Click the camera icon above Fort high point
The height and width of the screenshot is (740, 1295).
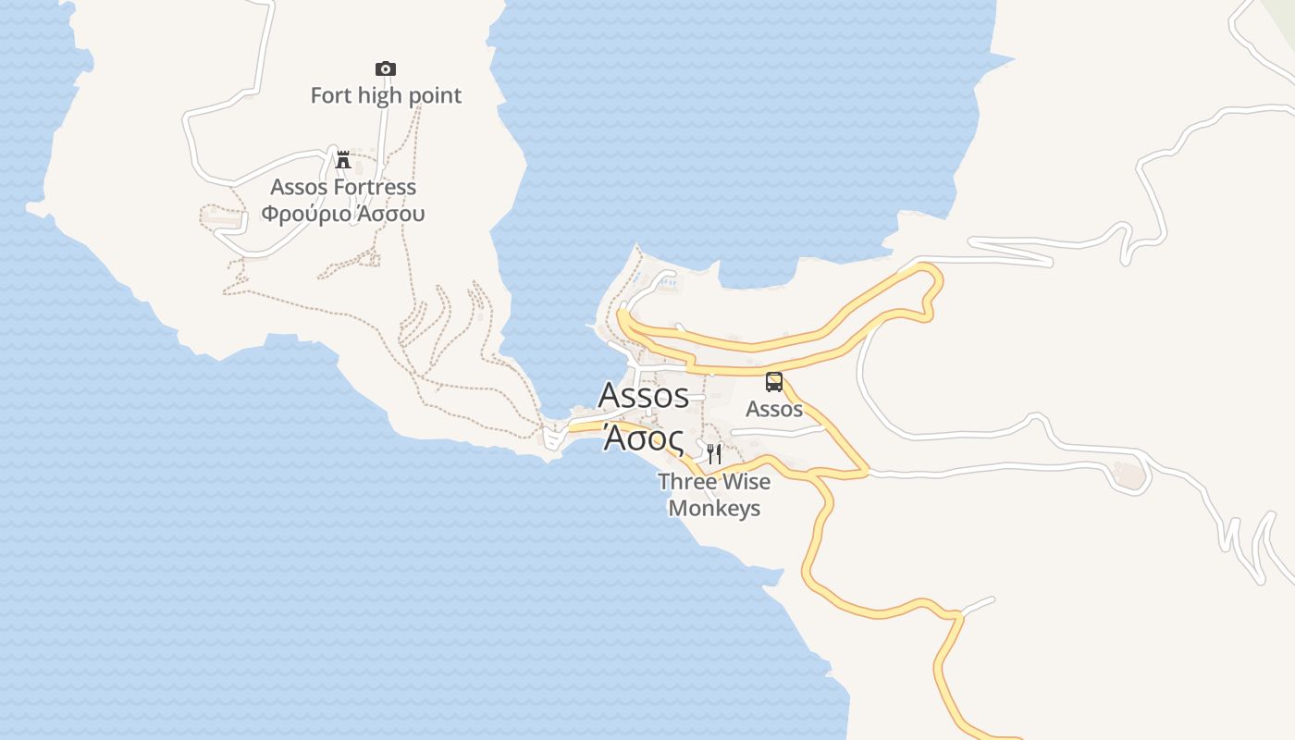(x=386, y=68)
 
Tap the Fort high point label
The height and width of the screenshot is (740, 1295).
(x=386, y=95)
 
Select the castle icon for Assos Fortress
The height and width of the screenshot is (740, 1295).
(x=343, y=159)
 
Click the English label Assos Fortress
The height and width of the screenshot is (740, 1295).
(x=343, y=187)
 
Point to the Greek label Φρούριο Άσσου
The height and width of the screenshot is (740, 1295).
(x=343, y=214)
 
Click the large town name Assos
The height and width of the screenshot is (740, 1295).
(x=644, y=395)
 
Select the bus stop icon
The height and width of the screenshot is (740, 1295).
(x=774, y=381)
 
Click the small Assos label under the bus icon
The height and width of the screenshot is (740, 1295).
(x=774, y=408)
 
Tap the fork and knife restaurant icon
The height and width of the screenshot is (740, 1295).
(x=713, y=453)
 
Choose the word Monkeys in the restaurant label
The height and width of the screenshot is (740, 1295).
(x=714, y=508)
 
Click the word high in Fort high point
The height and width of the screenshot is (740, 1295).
(x=384, y=95)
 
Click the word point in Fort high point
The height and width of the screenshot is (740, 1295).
(x=436, y=95)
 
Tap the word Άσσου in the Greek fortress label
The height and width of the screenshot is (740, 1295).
(x=391, y=214)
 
